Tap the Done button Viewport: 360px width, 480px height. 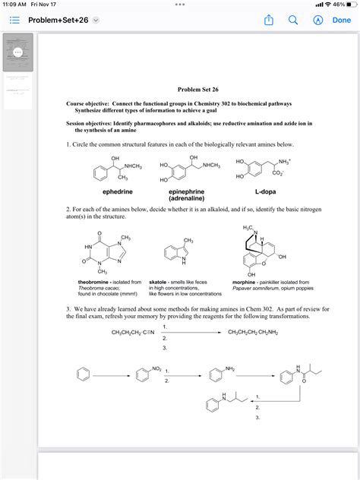pyautogui.click(x=341, y=21)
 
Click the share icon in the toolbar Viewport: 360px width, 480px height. pyautogui.click(x=268, y=21)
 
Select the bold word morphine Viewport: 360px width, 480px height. pyautogui.click(x=244, y=282)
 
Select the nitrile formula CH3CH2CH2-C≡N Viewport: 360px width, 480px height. pyautogui.click(x=133, y=333)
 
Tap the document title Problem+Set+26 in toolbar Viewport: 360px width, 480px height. pyautogui.click(x=55, y=21)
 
